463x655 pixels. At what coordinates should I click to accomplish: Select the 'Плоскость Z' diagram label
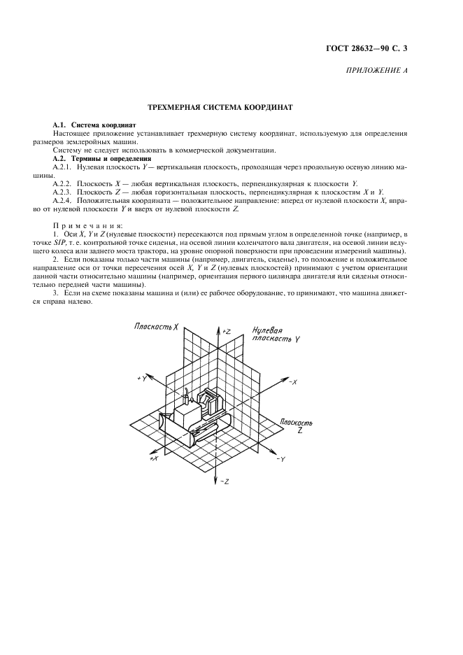pyautogui.click(x=296, y=427)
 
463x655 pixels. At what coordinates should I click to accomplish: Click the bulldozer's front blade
pyautogui.click(x=166, y=424)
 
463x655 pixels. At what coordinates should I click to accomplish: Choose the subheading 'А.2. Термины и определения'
pyautogui.click(x=94, y=159)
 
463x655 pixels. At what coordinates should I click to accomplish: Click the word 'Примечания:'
pyautogui.click(x=88, y=225)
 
